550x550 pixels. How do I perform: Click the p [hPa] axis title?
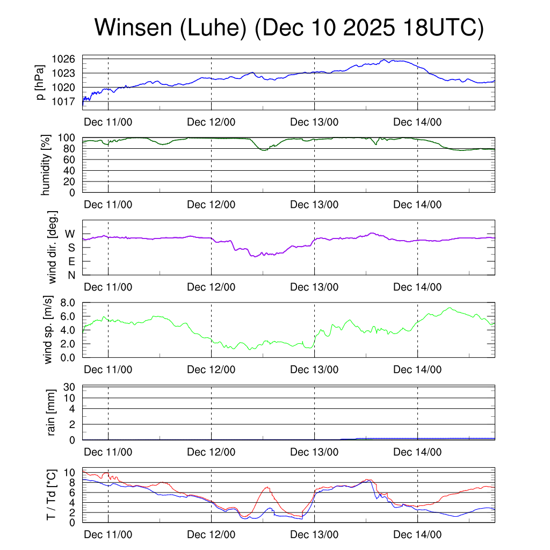point(40,82)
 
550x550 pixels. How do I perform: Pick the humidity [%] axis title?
point(46,164)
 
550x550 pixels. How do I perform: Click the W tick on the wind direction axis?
point(71,234)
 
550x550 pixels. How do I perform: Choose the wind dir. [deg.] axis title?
point(53,247)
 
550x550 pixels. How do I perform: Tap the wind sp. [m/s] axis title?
point(49,329)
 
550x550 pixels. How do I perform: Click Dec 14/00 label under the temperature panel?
point(417,534)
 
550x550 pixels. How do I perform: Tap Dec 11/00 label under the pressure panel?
point(108,122)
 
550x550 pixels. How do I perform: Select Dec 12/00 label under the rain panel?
point(211,452)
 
